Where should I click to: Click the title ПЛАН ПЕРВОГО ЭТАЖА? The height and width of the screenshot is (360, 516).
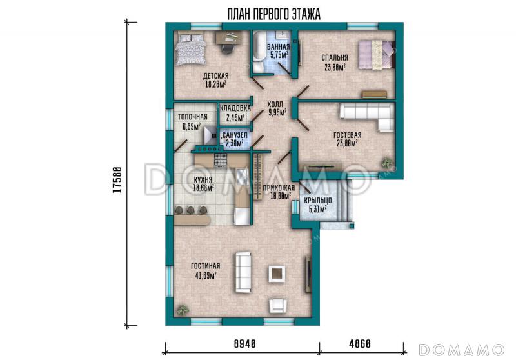[273, 14]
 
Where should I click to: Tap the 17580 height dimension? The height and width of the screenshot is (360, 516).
[118, 179]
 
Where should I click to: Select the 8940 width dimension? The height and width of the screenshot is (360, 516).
[245, 344]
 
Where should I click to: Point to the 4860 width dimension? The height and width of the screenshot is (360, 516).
[360, 344]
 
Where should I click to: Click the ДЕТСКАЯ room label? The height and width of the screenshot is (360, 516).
[215, 76]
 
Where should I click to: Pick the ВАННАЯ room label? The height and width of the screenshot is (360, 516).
[279, 46]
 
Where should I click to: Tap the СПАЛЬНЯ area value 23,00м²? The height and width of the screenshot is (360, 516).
[335, 68]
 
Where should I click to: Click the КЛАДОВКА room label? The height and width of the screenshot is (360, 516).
[235, 108]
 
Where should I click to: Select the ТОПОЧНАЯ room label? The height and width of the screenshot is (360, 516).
[192, 117]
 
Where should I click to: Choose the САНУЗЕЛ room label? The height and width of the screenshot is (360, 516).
[235, 135]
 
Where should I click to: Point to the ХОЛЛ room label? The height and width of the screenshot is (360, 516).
[275, 105]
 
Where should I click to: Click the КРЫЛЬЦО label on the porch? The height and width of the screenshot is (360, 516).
[317, 201]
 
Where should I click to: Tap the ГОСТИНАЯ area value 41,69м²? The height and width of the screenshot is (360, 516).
[206, 275]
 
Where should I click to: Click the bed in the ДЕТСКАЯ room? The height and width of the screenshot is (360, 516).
[190, 50]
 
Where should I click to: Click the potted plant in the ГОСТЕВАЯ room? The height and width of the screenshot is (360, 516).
[387, 162]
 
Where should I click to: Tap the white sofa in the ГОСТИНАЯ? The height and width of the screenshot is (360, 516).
[243, 272]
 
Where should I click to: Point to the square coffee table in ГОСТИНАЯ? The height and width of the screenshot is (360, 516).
[277, 274]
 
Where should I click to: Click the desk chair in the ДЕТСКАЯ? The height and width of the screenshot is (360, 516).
[227, 48]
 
